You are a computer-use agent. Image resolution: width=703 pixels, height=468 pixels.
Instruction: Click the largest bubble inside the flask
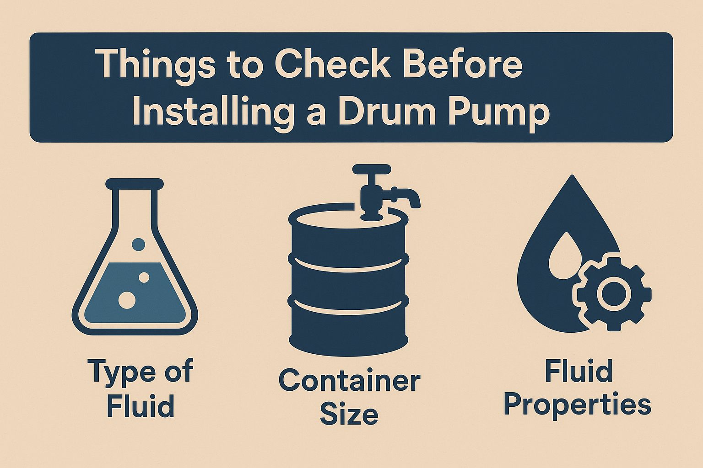click(x=127, y=300)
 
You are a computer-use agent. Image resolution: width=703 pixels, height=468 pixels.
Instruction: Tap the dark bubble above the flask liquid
click(x=138, y=244)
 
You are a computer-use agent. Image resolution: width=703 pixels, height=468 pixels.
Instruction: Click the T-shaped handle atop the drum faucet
click(x=372, y=170)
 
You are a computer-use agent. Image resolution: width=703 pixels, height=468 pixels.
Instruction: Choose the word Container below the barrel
click(x=349, y=381)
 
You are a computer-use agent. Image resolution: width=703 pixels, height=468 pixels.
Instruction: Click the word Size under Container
click(x=349, y=414)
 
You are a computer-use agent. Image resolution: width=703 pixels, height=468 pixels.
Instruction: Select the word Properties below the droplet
click(x=577, y=404)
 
